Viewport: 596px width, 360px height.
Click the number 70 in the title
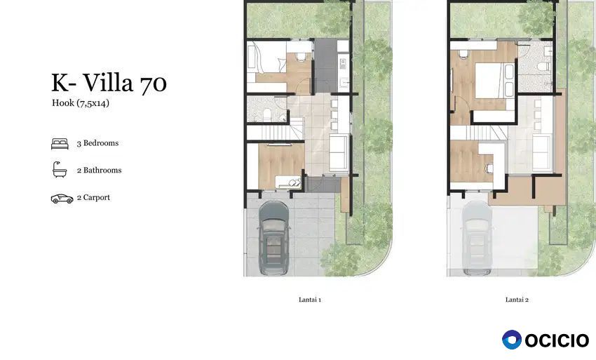[x=154, y=83]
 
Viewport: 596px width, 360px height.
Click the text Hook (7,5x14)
[x=81, y=103]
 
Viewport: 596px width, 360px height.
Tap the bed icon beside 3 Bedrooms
[x=60, y=144]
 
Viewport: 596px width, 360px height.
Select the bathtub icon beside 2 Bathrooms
[x=60, y=170]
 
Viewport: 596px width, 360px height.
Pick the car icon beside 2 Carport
[x=62, y=199]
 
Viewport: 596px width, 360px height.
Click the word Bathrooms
[x=102, y=170]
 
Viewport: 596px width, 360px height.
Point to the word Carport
[x=97, y=197]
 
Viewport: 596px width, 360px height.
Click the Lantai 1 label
[x=310, y=300]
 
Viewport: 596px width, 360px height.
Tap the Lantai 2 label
[x=517, y=300]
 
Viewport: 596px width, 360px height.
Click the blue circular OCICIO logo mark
[x=512, y=340]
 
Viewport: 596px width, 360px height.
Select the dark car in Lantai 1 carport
[x=273, y=238]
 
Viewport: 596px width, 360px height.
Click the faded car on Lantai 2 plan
[x=477, y=238]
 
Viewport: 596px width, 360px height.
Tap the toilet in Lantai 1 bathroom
[x=267, y=114]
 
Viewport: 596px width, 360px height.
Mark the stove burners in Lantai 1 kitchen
[x=342, y=63]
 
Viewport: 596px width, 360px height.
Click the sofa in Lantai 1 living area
[x=338, y=152]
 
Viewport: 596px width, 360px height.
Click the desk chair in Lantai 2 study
[x=489, y=168]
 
